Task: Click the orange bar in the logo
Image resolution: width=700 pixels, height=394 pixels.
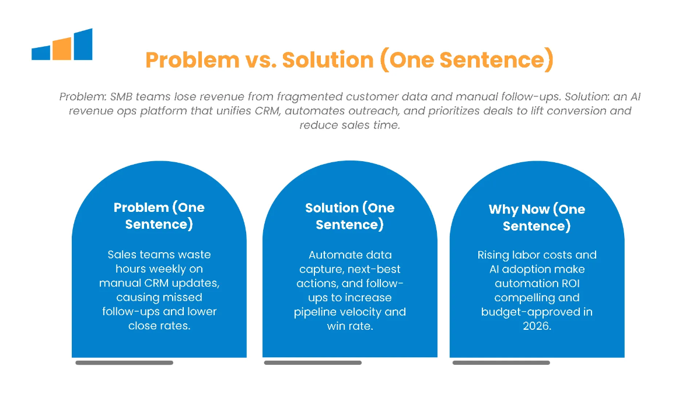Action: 62,49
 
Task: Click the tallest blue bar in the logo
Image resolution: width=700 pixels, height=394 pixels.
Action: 83,44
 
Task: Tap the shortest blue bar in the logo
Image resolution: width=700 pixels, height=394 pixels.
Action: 41,53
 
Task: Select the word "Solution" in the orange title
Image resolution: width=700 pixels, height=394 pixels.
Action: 328,60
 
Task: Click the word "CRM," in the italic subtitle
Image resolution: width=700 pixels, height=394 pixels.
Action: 267,111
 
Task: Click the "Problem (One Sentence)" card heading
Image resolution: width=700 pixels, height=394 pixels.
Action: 159,216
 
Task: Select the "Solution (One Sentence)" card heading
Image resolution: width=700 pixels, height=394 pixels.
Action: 349,216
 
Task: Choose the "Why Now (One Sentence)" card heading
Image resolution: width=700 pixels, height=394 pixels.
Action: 537,218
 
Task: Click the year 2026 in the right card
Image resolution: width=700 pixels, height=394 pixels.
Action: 537,326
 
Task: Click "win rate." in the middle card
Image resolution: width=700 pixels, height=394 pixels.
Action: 350,326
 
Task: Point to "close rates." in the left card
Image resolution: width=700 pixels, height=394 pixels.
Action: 159,326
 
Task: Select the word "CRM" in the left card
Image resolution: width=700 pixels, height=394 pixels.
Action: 156,283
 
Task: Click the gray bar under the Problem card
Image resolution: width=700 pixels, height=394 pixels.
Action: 124,362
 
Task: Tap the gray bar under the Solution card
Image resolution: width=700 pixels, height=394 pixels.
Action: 313,362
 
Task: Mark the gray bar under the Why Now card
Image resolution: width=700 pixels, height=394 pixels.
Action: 501,362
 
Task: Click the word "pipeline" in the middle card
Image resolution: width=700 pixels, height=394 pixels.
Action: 315,312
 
